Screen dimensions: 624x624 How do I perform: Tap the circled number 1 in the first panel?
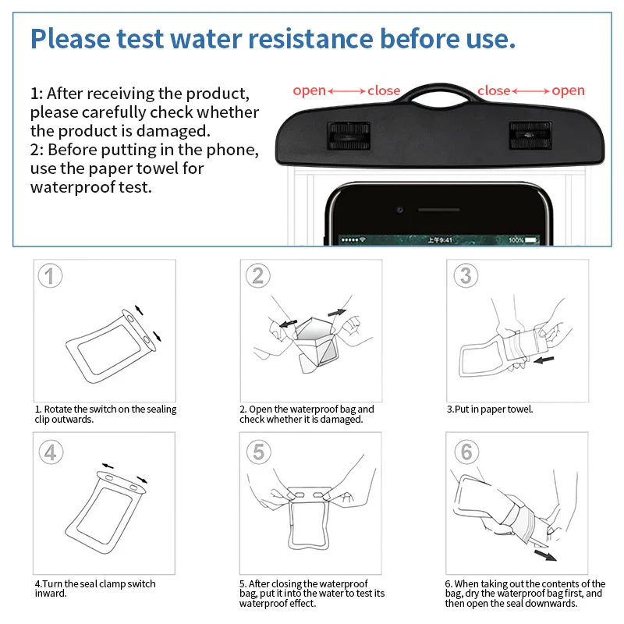pos(50,275)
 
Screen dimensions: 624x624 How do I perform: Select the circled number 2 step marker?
pos(258,275)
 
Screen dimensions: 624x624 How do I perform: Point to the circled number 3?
pos(466,275)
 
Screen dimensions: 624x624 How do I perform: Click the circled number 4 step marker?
pos(51,452)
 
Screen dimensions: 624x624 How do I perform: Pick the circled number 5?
pos(259,452)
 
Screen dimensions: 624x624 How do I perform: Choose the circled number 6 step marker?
pos(466,452)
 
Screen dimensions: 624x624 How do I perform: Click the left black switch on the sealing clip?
pos(349,136)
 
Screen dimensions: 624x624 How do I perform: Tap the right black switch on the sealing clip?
pos(530,136)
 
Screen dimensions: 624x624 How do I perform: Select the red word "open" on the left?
pos(309,91)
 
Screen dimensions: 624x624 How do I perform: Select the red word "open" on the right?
pos(568,91)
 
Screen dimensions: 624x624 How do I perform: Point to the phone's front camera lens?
pos(400,210)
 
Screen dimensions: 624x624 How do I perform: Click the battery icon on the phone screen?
pos(532,240)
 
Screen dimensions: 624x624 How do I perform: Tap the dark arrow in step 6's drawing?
pos(545,555)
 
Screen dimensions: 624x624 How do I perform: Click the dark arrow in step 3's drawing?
pos(544,360)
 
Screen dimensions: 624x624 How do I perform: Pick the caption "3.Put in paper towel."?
pos(490,409)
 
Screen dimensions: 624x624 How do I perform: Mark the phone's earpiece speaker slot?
pos(439,210)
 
